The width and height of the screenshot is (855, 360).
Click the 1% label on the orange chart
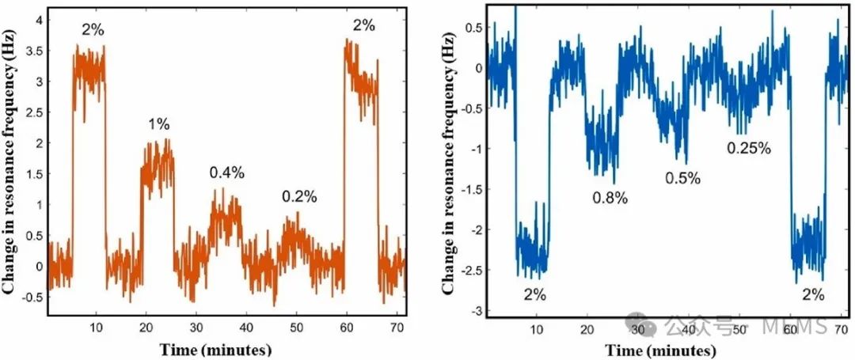point(158,124)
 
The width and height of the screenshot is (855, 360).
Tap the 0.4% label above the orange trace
point(226,172)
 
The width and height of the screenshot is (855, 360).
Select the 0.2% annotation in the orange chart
point(299,197)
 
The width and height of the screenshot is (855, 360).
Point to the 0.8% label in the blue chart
point(610,198)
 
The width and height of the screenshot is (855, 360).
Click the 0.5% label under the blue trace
point(682,178)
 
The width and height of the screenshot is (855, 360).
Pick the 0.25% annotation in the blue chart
point(749,148)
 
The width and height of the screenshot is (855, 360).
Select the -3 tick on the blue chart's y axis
point(473,311)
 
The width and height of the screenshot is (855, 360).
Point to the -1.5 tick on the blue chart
point(470,190)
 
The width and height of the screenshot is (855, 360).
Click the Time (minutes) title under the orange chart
point(216,349)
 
